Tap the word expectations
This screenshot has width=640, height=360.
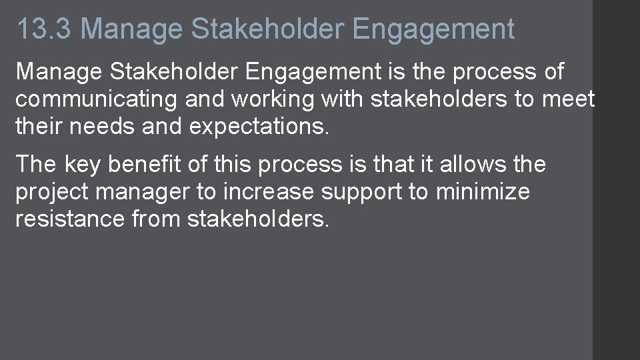[259, 127]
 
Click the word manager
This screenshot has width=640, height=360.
[143, 192]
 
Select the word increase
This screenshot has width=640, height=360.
[269, 192]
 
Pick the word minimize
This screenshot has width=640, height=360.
[483, 192]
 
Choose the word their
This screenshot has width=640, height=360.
[41, 127]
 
